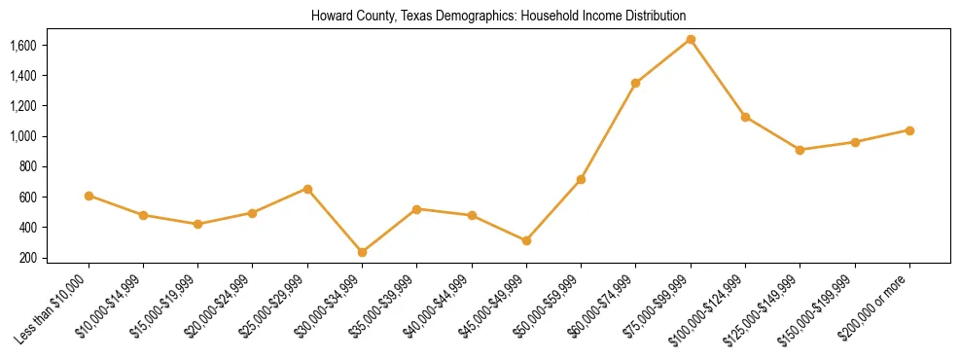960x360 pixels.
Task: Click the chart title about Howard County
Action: point(498,16)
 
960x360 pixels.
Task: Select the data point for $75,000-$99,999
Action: point(691,39)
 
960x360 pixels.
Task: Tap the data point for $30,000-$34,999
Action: point(362,252)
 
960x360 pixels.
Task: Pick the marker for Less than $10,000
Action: point(89,196)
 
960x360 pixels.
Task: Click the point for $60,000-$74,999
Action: point(635,83)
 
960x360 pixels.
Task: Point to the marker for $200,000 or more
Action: point(909,130)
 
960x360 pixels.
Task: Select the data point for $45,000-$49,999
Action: point(526,240)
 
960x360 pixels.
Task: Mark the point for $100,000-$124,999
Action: point(745,117)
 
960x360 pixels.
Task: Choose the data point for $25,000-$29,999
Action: point(307,189)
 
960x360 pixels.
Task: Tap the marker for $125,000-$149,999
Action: point(800,150)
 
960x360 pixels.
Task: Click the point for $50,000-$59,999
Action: point(581,180)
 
